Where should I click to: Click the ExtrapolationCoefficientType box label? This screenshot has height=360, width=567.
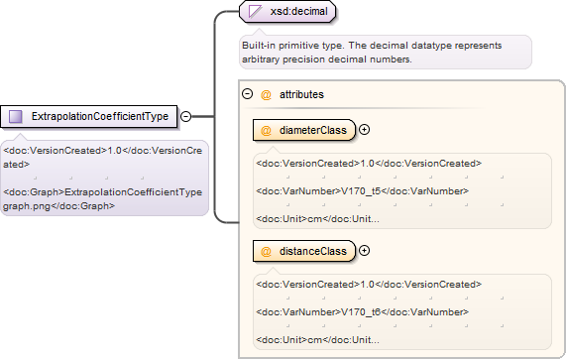point(100,116)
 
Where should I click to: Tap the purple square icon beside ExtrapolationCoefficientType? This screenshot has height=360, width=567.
point(16,116)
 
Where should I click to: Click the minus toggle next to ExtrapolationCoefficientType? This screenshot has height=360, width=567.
point(185,116)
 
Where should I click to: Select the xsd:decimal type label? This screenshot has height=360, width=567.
point(299,11)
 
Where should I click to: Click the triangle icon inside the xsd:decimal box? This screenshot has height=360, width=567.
point(255,11)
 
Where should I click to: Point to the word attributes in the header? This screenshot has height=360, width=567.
point(301,94)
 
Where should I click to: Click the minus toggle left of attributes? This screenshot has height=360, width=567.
point(247,94)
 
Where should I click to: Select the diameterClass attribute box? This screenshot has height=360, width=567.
point(304,130)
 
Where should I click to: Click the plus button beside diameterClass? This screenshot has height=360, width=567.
point(364,130)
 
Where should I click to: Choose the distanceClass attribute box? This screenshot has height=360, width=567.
point(304,251)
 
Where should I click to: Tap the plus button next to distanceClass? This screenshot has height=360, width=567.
point(364,250)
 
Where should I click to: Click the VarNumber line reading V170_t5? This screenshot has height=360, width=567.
point(363,191)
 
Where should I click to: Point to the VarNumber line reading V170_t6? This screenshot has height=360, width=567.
point(363,311)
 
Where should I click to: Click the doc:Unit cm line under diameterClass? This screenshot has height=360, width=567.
point(317,219)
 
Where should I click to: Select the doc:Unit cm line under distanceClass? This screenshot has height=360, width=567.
point(317,340)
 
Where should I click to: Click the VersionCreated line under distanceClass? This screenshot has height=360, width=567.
point(369,285)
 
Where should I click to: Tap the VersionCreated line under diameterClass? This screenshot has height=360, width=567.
point(369,164)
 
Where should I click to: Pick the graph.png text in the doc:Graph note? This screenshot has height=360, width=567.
point(27,206)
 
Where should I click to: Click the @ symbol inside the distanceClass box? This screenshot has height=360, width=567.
point(266,251)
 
